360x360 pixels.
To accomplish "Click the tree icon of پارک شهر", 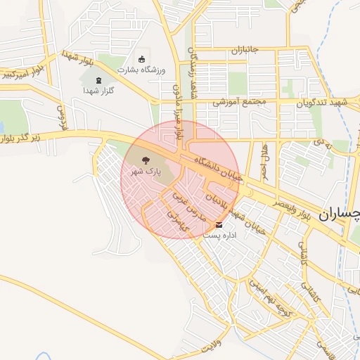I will pyautogui.click(x=146, y=161).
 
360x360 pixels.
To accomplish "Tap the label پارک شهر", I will pyautogui.click(x=148, y=172).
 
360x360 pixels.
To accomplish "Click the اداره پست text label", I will pyautogui.click(x=220, y=236).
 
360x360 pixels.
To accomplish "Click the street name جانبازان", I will pyautogui.click(x=251, y=51).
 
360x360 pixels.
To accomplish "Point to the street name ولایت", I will pyautogui.click(x=210, y=347).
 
